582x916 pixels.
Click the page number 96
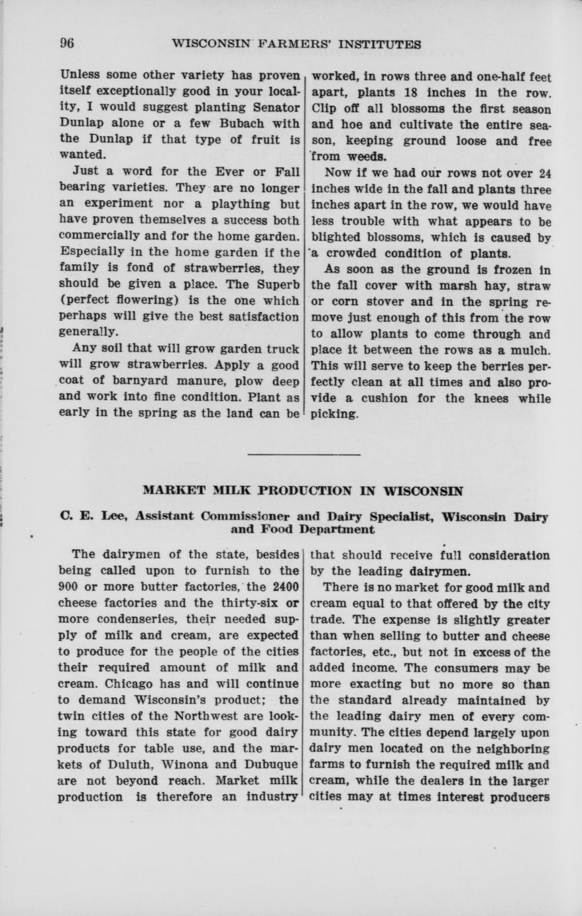click(66, 44)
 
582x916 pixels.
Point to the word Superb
click(276, 284)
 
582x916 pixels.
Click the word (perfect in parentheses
click(82, 300)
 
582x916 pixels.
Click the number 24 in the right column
click(545, 174)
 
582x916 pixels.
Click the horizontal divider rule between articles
click(304, 455)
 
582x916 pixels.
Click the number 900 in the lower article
click(69, 587)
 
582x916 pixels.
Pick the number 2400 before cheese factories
click(282, 587)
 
